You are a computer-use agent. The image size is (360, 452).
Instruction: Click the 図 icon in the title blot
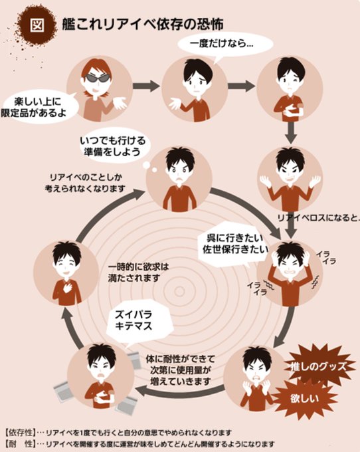[37, 25]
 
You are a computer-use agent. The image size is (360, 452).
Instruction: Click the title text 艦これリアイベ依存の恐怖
[143, 24]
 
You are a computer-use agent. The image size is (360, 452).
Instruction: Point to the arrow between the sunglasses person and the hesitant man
[146, 86]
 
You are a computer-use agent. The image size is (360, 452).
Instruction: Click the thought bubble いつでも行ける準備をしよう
[113, 146]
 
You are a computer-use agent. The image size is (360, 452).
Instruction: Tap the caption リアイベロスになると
[318, 218]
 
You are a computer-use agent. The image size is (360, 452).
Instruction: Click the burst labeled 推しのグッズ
[318, 366]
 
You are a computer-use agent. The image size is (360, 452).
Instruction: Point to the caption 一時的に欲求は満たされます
[138, 273]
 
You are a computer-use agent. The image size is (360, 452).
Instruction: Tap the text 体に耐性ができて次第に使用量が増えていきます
[180, 370]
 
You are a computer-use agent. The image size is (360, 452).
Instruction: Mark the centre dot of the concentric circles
[179, 291]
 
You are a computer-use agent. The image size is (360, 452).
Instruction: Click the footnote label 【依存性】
[21, 433]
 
